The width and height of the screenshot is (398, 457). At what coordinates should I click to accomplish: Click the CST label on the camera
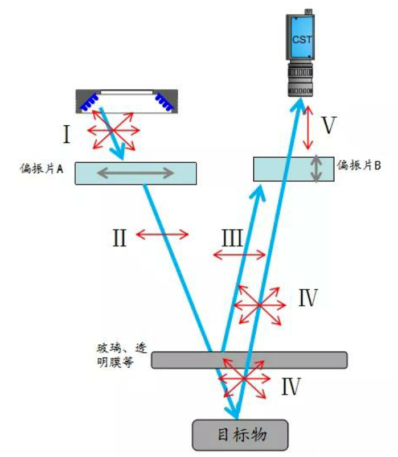[x=301, y=39]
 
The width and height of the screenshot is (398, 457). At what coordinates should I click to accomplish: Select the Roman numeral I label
[x=67, y=135]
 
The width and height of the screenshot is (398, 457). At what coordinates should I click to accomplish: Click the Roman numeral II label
[x=119, y=237]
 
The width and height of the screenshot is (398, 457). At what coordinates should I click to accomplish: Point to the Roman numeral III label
[x=232, y=237]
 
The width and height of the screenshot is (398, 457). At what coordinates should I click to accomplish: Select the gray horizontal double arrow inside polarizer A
[x=135, y=173]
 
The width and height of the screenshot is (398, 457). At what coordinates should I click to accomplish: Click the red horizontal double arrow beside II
[x=162, y=234]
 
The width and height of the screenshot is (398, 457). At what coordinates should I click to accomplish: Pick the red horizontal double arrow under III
[x=239, y=255]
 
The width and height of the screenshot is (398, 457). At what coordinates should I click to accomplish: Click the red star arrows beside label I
[x=112, y=130]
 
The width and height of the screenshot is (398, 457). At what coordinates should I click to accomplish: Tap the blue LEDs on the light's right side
[x=163, y=101]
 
